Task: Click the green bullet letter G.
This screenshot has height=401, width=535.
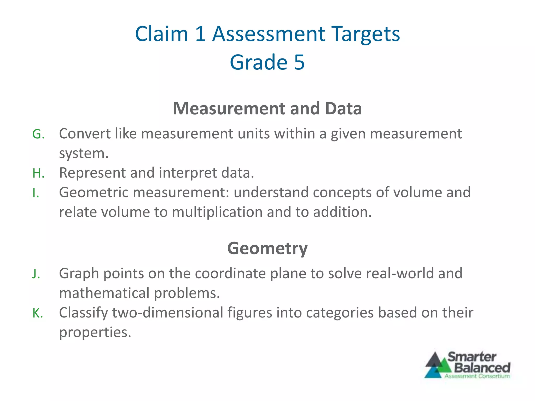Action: coord(38,134)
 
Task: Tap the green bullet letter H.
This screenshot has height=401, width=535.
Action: coord(38,173)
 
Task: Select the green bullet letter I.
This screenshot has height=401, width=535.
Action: coord(35,193)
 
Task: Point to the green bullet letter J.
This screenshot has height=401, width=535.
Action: coord(36,274)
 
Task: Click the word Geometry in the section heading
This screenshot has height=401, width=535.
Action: coord(267,248)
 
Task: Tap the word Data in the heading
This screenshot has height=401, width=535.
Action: coord(343,108)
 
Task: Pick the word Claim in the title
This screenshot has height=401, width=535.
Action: coord(161,34)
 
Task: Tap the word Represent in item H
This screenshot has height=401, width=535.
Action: coord(92,173)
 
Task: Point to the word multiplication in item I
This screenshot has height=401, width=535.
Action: coord(217,212)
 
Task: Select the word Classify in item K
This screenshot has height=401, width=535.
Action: coord(83,313)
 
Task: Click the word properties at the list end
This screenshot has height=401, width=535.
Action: coord(95,332)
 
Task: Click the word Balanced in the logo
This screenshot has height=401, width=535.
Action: coord(482,368)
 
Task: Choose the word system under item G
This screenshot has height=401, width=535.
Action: coord(83,153)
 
